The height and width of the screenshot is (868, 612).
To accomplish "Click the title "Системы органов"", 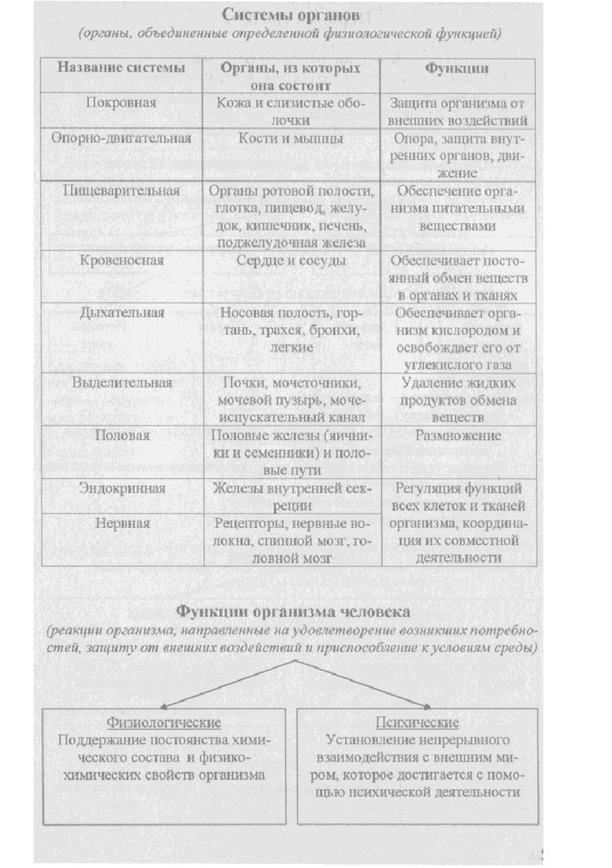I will tap(291, 15).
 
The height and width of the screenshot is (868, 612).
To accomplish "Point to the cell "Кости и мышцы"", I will tap(291, 136).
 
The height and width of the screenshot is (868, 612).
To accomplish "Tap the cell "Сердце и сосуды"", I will tap(291, 260).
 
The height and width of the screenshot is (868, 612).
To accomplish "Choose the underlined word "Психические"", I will tap(417, 722).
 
